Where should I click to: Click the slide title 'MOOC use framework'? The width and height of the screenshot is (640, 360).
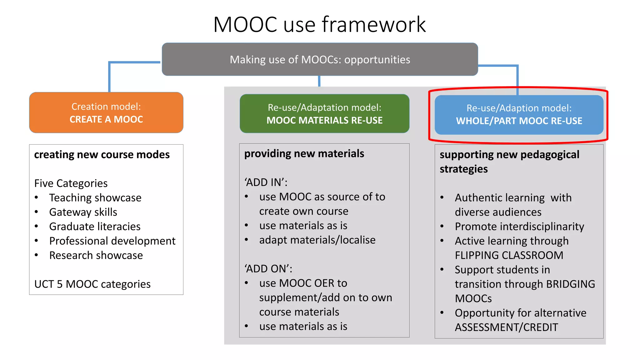[319, 24]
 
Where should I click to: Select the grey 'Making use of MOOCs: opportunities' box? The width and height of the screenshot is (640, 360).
[320, 59]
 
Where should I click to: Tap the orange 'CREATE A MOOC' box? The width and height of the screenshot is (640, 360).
[106, 113]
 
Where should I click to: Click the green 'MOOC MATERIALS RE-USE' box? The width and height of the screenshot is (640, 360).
[324, 114]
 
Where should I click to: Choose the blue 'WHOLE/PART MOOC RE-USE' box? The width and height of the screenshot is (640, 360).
[519, 115]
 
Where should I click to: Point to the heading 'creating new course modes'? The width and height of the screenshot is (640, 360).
[102, 155]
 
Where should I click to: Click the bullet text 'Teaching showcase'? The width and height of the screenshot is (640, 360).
[95, 198]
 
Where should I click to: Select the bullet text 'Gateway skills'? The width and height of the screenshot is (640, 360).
[83, 212]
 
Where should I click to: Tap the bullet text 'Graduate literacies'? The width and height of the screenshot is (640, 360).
[95, 227]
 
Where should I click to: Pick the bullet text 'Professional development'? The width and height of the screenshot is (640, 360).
[112, 241]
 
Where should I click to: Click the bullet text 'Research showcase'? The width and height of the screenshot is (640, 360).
[96, 255]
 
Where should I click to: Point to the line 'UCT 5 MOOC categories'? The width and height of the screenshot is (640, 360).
[92, 284]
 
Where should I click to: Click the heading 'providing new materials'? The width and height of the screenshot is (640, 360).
[304, 154]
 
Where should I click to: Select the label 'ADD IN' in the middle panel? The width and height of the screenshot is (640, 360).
[266, 182]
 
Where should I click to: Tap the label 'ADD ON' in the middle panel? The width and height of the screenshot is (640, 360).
[268, 269]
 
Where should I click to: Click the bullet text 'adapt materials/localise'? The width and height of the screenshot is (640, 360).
[317, 240]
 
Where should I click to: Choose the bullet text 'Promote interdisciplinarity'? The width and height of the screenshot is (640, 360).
[519, 227]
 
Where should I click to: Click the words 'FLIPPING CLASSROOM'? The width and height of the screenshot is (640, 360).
[509, 255]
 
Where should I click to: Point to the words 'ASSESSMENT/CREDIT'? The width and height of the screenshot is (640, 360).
[506, 327]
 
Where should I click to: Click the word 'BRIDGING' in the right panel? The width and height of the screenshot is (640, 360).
[571, 284]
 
